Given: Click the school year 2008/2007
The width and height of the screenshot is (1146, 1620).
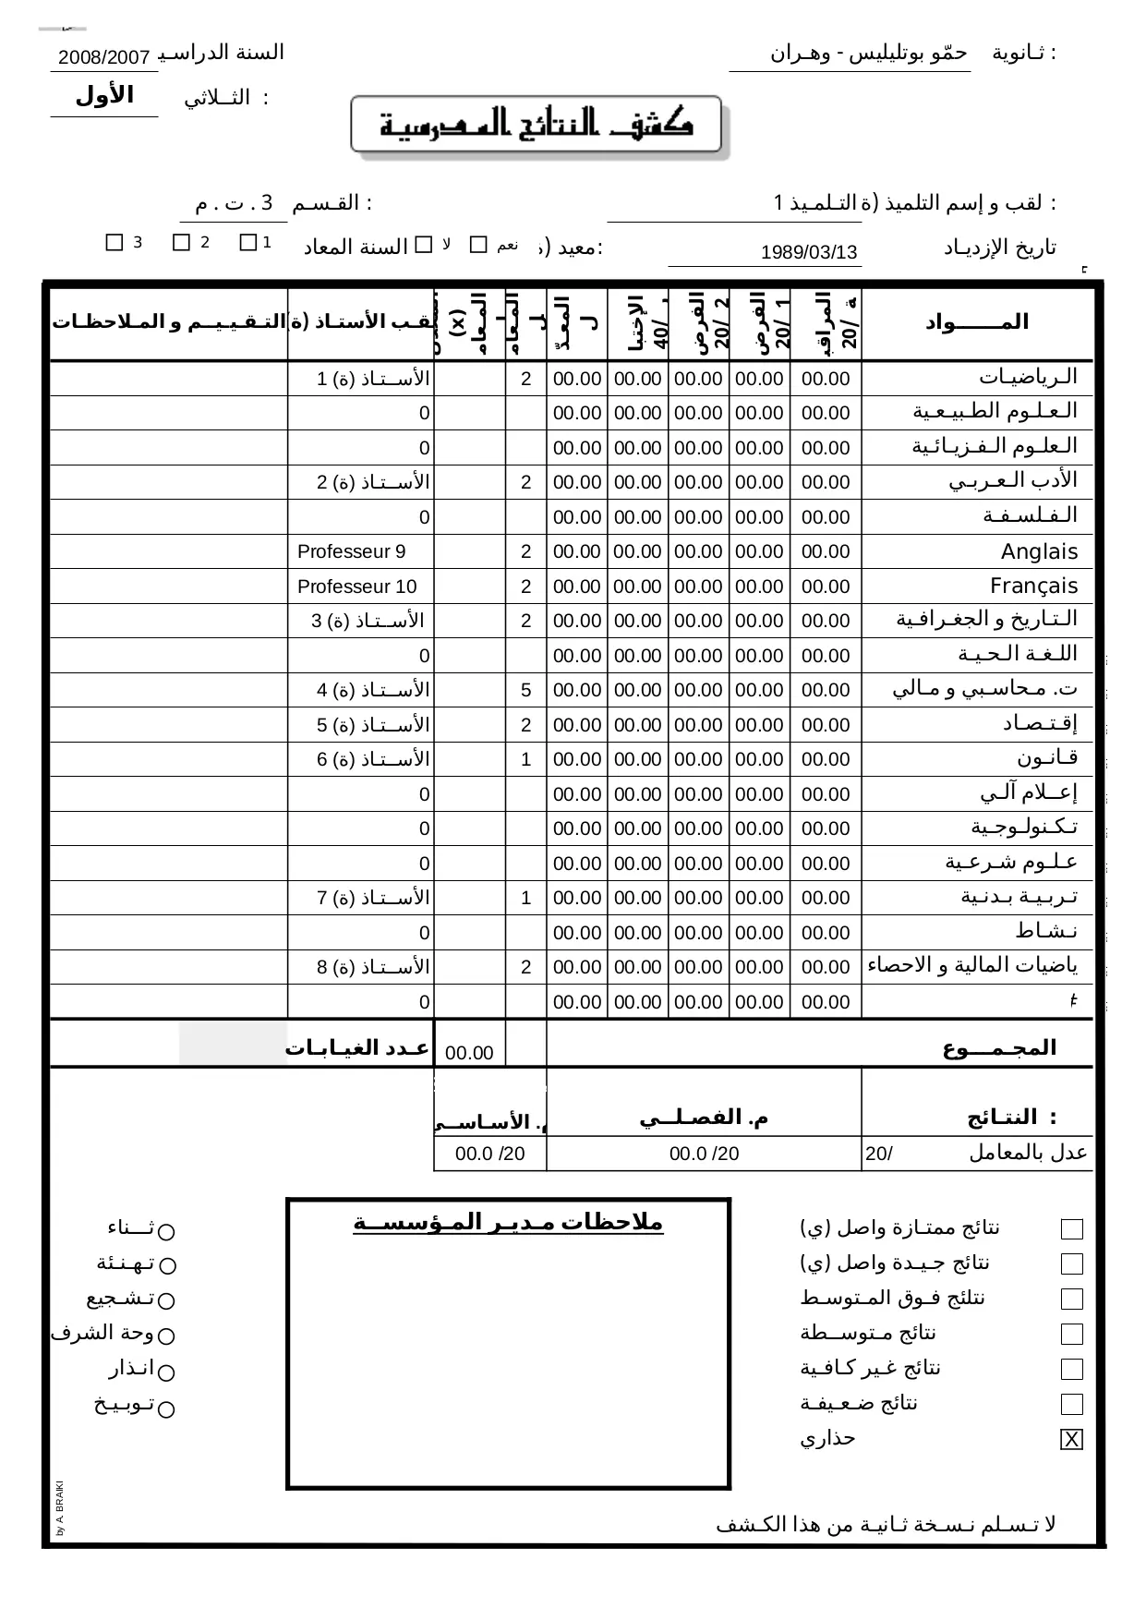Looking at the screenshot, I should click(x=103, y=58).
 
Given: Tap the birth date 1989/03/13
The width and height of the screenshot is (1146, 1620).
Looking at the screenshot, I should click(x=809, y=252).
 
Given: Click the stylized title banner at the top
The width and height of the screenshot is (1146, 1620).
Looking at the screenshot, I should click(x=537, y=126).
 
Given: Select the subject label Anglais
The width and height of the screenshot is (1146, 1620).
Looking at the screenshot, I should click(x=1039, y=552).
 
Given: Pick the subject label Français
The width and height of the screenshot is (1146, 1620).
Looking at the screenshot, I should click(x=1033, y=586).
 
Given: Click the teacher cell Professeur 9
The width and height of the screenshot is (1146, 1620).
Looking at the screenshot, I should click(x=351, y=552).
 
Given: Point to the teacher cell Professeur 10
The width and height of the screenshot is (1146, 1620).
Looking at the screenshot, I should click(x=356, y=586).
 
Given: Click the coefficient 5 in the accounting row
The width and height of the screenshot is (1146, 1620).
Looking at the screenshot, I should click(x=525, y=690).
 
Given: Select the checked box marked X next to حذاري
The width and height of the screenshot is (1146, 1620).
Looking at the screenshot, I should click(x=1071, y=1440).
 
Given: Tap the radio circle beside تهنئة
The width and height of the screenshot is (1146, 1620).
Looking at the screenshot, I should click(x=166, y=1265).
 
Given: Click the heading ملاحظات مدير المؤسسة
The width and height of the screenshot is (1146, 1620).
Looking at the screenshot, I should click(x=508, y=1223).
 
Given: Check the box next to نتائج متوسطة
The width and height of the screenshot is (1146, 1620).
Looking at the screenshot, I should click(x=1071, y=1334).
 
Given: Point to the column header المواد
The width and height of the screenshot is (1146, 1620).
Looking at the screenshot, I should click(x=976, y=322).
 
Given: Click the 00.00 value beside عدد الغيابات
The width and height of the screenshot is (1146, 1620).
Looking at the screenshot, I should click(x=469, y=1052).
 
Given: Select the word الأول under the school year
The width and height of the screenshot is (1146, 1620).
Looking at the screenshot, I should click(x=104, y=95).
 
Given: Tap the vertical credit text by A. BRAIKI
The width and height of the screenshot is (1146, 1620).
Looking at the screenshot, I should click(x=59, y=1508).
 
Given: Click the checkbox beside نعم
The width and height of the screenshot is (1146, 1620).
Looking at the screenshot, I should click(x=478, y=244).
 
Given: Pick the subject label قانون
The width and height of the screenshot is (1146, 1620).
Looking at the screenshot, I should click(x=1047, y=758).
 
